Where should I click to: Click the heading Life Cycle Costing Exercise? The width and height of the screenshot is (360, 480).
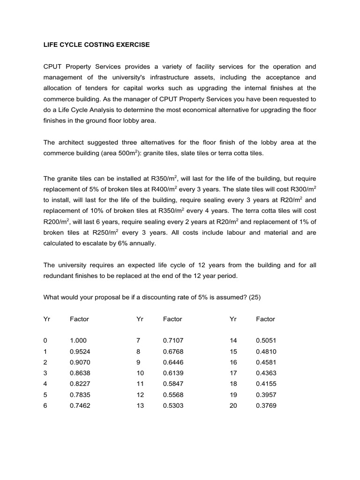point(97,45)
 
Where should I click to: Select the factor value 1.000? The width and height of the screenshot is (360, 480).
point(78,341)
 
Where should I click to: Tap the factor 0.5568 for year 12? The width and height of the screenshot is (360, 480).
point(172,395)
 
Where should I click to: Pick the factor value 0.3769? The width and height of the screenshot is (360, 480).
point(266,405)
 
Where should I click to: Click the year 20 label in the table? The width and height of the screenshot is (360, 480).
point(233,405)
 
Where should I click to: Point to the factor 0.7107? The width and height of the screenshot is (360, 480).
point(172,341)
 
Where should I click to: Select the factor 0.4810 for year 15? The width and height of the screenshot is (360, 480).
point(266,352)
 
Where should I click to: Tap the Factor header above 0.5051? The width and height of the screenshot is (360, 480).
point(265,319)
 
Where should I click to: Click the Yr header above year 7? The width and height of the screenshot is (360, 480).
point(140,319)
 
